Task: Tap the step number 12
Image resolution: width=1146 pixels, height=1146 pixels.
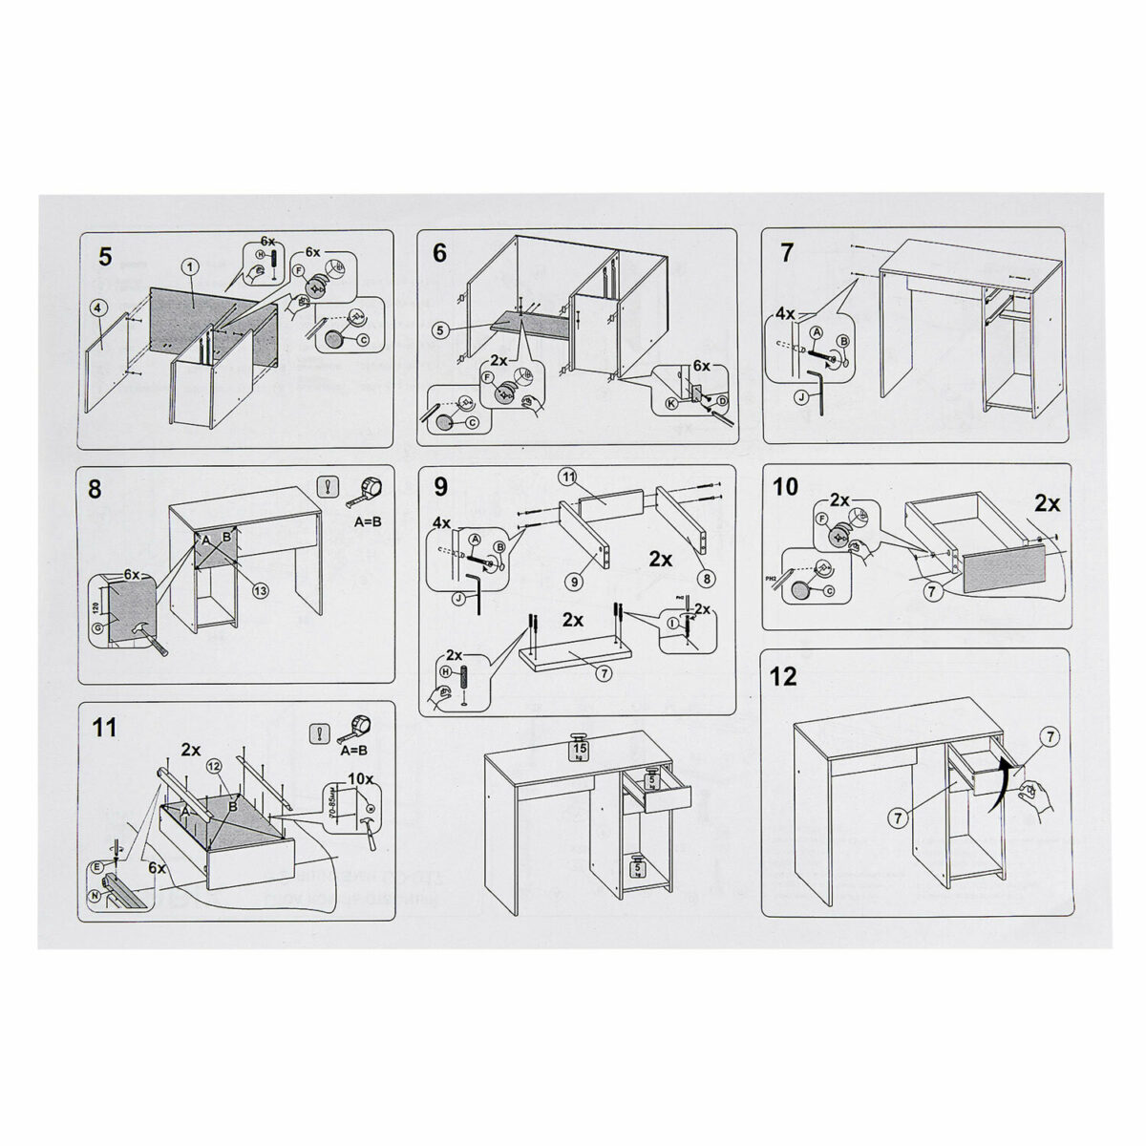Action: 782,676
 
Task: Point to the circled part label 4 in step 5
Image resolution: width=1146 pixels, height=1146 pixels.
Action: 97,308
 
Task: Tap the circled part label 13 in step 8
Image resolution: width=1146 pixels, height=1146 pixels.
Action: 260,589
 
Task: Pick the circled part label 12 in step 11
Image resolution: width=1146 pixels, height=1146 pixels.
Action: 215,768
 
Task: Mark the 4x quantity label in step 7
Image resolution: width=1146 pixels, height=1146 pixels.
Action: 785,313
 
